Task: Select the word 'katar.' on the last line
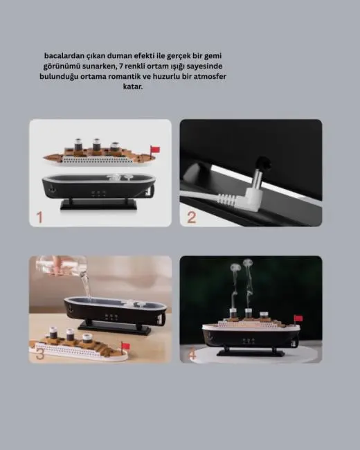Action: (x=134, y=87)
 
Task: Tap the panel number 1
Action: (x=40, y=217)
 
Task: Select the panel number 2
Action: (x=192, y=217)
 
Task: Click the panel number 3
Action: (x=40, y=354)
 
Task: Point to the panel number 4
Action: (x=192, y=354)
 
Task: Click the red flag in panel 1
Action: (x=155, y=149)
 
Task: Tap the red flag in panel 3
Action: (x=125, y=344)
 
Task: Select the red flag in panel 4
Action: (x=298, y=319)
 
